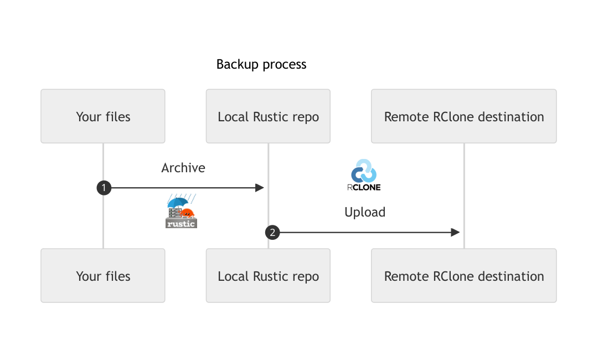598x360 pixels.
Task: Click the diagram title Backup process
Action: click(261, 64)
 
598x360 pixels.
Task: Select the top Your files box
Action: click(103, 116)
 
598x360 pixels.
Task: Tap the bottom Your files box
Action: click(103, 276)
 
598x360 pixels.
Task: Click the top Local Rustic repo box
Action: click(268, 116)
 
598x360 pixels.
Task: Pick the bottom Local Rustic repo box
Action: click(268, 276)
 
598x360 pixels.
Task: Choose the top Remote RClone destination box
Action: click(463, 116)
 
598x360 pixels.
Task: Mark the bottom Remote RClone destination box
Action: click(463, 276)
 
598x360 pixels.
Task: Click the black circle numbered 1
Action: click(104, 188)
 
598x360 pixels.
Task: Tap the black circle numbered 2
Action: click(272, 233)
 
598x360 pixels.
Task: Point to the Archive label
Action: click(183, 168)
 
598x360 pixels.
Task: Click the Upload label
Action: click(365, 212)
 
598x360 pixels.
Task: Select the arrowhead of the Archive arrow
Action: click(259, 188)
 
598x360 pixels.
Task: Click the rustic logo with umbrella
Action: click(182, 212)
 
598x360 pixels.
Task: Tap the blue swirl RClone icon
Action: click(364, 171)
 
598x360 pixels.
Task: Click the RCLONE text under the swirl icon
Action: click(364, 187)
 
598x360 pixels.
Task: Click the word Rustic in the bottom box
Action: click(272, 276)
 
